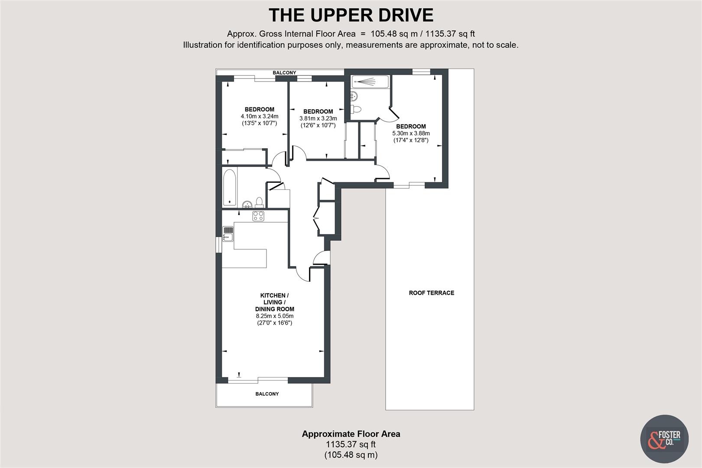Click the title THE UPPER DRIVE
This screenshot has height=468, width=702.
point(351,15)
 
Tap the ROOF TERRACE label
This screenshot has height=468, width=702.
point(432,293)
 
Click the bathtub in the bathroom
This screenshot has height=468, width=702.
point(229,187)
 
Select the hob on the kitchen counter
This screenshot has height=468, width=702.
point(258,216)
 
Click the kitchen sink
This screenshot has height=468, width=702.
point(228,234)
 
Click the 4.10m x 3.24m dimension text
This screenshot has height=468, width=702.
point(260,116)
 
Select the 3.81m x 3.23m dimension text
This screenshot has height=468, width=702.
point(318,118)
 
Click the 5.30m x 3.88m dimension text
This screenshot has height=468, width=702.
point(411,133)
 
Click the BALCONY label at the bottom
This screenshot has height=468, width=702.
point(267,394)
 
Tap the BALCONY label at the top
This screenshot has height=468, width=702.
point(284,73)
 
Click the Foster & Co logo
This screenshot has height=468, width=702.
point(664,439)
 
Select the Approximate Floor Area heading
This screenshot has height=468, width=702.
point(351,434)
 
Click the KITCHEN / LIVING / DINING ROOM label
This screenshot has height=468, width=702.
point(274,302)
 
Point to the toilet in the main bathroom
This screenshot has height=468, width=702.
point(259,202)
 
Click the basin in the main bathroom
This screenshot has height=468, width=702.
point(247,204)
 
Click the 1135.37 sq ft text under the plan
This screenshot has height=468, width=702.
point(351,444)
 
